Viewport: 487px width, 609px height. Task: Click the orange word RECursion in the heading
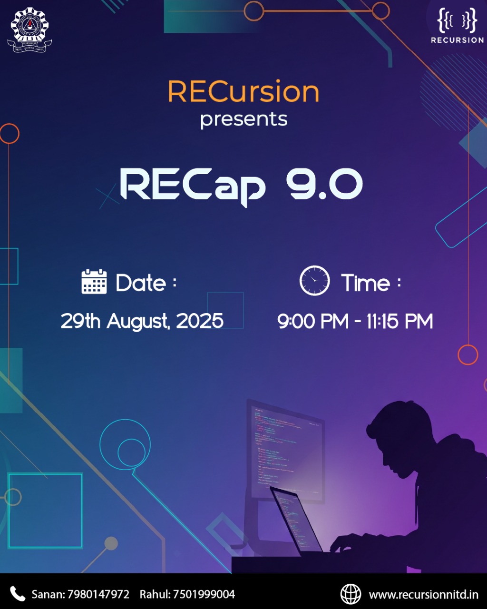pyautogui.click(x=243, y=92)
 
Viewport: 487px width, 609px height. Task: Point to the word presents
pyautogui.click(x=243, y=120)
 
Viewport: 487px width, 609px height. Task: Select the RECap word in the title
pyautogui.click(x=193, y=186)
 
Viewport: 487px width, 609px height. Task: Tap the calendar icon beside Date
pyautogui.click(x=94, y=282)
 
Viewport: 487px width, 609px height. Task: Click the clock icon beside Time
pyautogui.click(x=314, y=281)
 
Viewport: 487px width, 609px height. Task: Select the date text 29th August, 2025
pyautogui.click(x=142, y=321)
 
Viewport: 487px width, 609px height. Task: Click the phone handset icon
pyautogui.click(x=18, y=594)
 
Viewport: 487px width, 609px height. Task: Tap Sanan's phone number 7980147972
pyautogui.click(x=98, y=594)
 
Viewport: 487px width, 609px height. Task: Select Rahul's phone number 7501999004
pyautogui.click(x=204, y=594)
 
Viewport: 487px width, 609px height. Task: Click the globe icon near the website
pyautogui.click(x=351, y=594)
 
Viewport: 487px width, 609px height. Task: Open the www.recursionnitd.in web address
pyautogui.click(x=424, y=594)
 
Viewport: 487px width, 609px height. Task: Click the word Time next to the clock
pyautogui.click(x=365, y=283)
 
